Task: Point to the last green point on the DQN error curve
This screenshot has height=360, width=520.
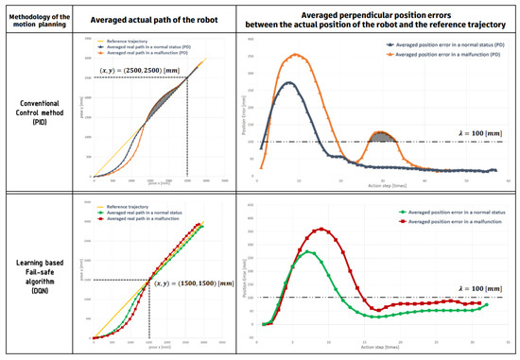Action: pyautogui.click(x=488, y=305)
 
